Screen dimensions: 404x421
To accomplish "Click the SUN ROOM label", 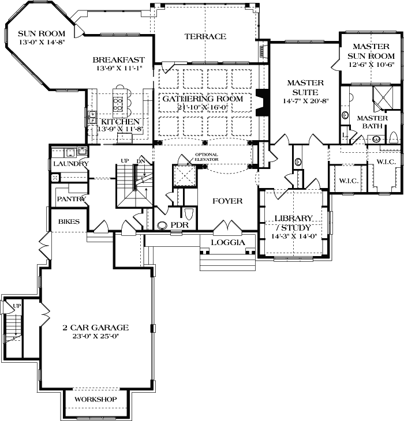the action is click(x=42, y=33).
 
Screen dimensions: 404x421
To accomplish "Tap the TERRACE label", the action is click(x=205, y=36).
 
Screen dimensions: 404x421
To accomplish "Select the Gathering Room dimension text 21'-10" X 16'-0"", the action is click(x=203, y=107).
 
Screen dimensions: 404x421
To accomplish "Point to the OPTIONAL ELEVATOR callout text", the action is click(x=206, y=157).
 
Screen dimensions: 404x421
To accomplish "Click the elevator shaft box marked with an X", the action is click(x=185, y=175).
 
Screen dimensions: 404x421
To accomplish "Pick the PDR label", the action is click(x=179, y=225).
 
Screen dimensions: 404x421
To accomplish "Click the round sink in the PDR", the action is click(x=162, y=225).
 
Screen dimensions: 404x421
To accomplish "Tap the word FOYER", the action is click(x=227, y=201).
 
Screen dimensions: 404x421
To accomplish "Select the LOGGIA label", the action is click(x=228, y=242).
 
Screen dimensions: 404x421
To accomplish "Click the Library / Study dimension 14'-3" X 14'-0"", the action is click(x=294, y=236).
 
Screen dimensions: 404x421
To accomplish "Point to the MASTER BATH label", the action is click(x=372, y=122).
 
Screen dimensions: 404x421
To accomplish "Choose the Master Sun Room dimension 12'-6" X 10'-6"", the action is click(x=372, y=65).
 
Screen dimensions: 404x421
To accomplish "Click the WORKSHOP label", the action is click(x=96, y=399).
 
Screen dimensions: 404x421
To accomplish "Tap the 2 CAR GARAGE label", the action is click(x=96, y=328).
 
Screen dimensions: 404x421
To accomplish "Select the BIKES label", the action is click(x=69, y=221).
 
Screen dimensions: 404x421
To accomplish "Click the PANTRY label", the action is click(x=71, y=199).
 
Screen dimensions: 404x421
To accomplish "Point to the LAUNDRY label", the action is click(x=71, y=164).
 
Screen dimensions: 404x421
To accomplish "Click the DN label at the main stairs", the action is click(x=141, y=161).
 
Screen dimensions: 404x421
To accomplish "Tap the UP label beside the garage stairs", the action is click(x=17, y=306).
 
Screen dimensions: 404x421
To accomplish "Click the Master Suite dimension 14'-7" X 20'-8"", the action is click(x=306, y=101).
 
